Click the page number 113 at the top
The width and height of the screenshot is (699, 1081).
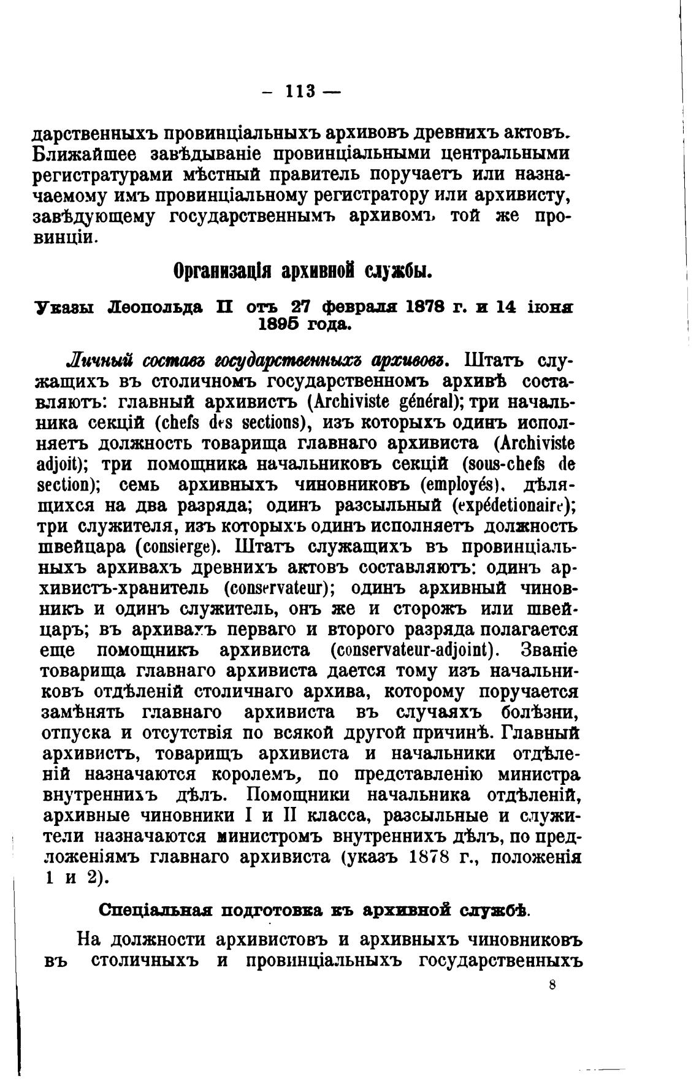pyautogui.click(x=300, y=91)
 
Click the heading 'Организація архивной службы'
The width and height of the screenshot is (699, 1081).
pyautogui.click(x=303, y=270)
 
